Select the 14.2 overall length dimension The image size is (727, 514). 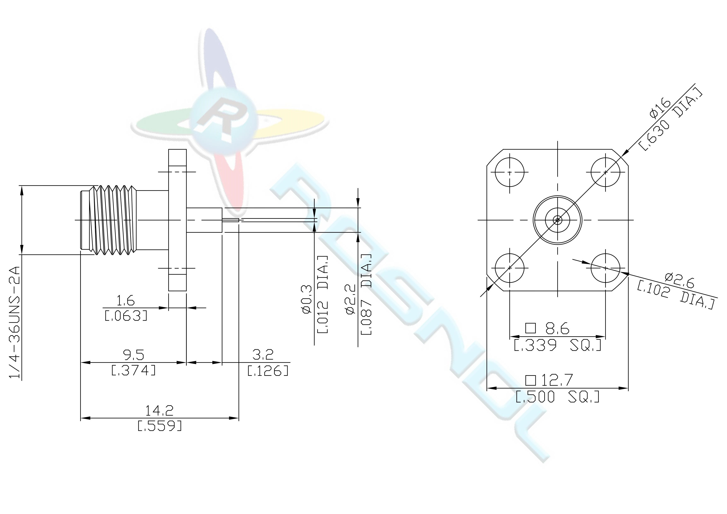coord(159,411)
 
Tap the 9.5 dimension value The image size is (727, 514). coord(133,355)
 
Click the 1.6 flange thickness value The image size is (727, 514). coord(126,301)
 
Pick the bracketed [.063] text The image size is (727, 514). coord(126,316)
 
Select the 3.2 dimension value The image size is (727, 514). coord(263,355)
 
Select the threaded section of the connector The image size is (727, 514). coord(113,220)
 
